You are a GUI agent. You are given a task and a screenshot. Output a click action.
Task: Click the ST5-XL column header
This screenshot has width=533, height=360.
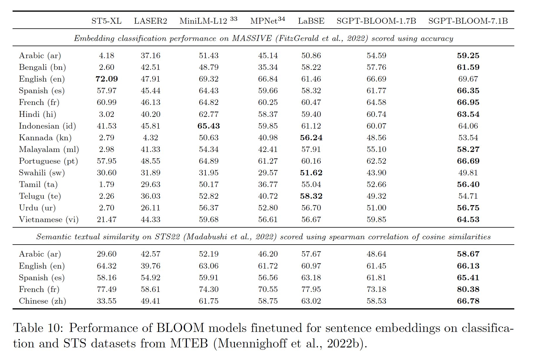[106, 21]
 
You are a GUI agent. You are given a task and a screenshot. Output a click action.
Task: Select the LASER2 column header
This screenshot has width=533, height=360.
[150, 21]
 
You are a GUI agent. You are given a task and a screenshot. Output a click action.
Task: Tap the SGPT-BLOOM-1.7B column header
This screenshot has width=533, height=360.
[376, 21]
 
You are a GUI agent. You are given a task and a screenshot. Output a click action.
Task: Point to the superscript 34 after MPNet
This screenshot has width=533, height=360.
[281, 19]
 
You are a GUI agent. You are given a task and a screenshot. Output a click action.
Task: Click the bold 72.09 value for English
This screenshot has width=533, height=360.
[107, 79]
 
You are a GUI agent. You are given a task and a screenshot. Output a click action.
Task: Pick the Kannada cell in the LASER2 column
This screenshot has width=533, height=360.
[150, 138]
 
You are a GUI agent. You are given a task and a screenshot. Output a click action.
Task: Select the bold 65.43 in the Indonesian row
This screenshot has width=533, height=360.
[209, 126]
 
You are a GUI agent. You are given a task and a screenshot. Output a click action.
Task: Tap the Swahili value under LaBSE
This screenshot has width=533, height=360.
[311, 173]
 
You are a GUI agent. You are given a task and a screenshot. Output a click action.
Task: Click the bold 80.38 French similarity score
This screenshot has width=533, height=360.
[468, 289]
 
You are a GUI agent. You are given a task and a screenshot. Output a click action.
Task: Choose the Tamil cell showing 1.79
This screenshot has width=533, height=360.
[107, 184]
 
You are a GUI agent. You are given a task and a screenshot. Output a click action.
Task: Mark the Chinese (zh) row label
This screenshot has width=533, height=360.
[42, 301]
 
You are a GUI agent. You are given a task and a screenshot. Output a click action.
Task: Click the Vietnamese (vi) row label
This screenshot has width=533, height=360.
[49, 219]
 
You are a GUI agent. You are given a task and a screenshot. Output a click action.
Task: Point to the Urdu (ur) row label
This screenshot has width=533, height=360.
[37, 208]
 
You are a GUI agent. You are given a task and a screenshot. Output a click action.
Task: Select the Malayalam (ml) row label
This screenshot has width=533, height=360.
[49, 149]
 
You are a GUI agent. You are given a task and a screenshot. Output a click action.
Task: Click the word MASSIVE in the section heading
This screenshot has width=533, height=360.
[252, 38]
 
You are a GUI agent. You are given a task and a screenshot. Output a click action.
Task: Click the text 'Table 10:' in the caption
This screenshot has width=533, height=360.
[38, 328]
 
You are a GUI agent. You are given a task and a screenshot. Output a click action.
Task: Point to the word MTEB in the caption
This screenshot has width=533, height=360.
[189, 343]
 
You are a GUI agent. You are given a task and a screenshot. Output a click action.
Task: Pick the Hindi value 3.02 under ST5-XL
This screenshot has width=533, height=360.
[107, 114]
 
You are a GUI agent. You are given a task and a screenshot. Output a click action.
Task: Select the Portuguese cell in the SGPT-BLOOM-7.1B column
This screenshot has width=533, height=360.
[468, 161]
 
